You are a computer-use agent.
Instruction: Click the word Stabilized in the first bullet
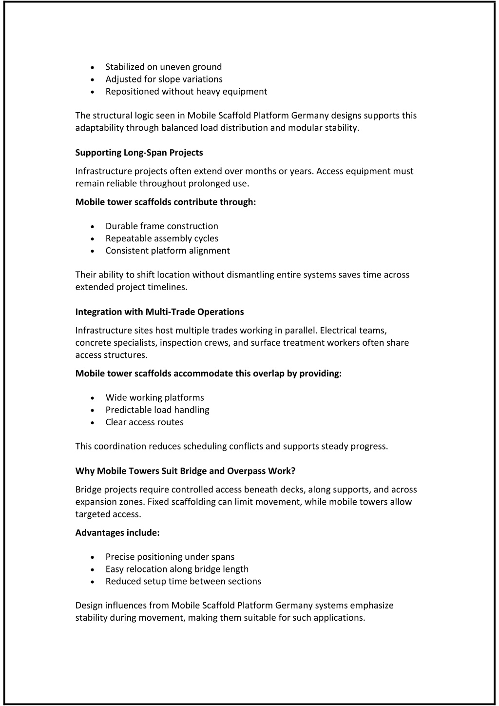[x=125, y=67]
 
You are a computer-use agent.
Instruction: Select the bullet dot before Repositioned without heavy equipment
[x=93, y=92]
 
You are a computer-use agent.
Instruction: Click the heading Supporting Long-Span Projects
[x=139, y=153]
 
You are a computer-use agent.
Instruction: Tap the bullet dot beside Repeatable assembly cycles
[x=93, y=239]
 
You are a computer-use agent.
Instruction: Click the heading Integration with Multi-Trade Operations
[x=159, y=312]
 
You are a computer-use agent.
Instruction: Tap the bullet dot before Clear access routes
[x=93, y=423]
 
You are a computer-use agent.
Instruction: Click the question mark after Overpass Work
[x=293, y=471]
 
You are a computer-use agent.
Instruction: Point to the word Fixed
[x=157, y=502]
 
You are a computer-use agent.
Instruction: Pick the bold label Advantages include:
[x=117, y=532]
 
